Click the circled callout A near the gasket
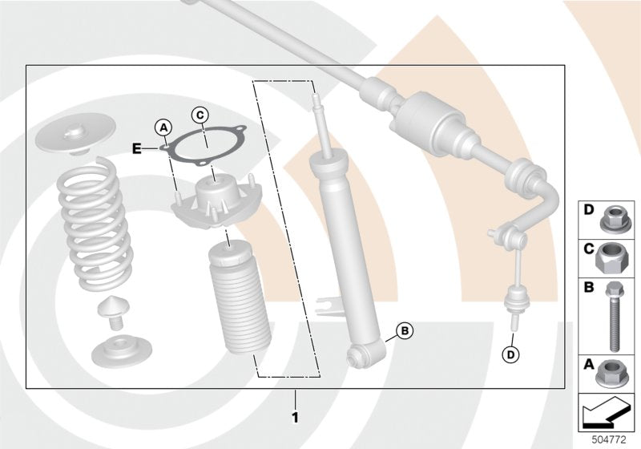click(x=163, y=127)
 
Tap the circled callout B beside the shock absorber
click(x=405, y=330)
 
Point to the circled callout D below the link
click(x=509, y=354)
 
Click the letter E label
click(x=137, y=147)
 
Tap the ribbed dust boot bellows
click(x=234, y=305)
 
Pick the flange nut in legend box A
click(x=613, y=370)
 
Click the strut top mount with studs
click(x=212, y=204)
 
